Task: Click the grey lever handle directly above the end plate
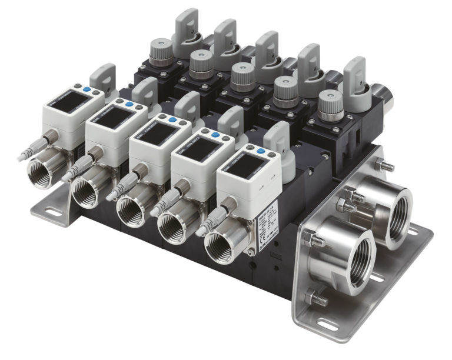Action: [x=357, y=76]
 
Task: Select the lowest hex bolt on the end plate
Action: [x=318, y=299]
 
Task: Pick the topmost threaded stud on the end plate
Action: [x=385, y=166]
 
